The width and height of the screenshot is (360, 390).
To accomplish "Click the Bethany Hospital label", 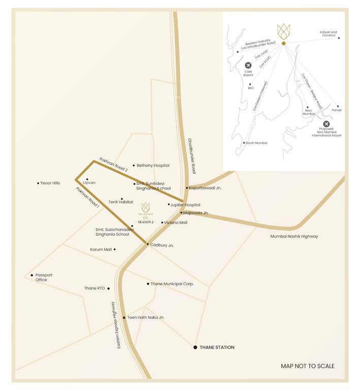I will tap(153, 166).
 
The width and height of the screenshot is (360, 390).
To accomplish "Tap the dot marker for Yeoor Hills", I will tap(38, 183).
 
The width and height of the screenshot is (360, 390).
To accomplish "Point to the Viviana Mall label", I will tap(176, 222).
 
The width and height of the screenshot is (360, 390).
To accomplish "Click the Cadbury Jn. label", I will tap(162, 245).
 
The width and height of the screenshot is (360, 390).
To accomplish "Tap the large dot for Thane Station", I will tap(195, 347).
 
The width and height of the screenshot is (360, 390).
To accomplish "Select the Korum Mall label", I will tap(101, 249).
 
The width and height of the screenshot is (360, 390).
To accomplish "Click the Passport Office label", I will tap(44, 278).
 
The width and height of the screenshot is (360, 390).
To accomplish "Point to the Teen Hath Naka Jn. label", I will tap(146, 317).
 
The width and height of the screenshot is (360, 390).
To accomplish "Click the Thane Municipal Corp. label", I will tap(172, 284).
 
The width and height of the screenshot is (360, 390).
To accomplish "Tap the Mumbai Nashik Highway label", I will tap(294, 236).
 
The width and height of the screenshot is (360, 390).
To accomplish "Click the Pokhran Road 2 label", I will tap(113, 163).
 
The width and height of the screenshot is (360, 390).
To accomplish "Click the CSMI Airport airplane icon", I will tap(248, 66).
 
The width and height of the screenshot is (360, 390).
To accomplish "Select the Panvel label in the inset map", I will tap(337, 110).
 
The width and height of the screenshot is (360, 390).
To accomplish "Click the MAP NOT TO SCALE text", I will tap(308, 366).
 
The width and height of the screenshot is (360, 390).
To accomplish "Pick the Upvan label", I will tap(89, 182).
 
